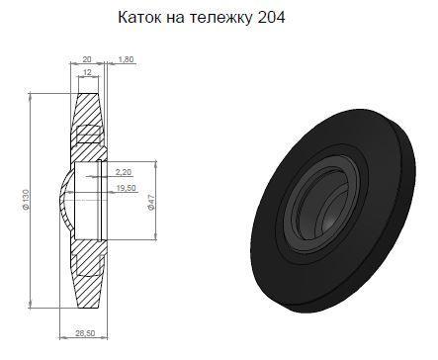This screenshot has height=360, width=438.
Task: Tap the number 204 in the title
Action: [x=271, y=18]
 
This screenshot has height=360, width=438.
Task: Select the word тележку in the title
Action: [x=221, y=18]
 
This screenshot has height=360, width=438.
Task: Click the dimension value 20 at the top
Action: [x=87, y=59]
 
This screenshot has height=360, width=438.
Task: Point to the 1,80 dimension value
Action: [x=126, y=59]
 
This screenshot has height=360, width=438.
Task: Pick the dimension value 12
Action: [x=87, y=72]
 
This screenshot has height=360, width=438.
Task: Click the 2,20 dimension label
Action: [x=124, y=172]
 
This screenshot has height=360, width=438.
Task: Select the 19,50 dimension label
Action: [x=127, y=188]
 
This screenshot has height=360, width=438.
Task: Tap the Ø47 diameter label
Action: [x=151, y=202]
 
